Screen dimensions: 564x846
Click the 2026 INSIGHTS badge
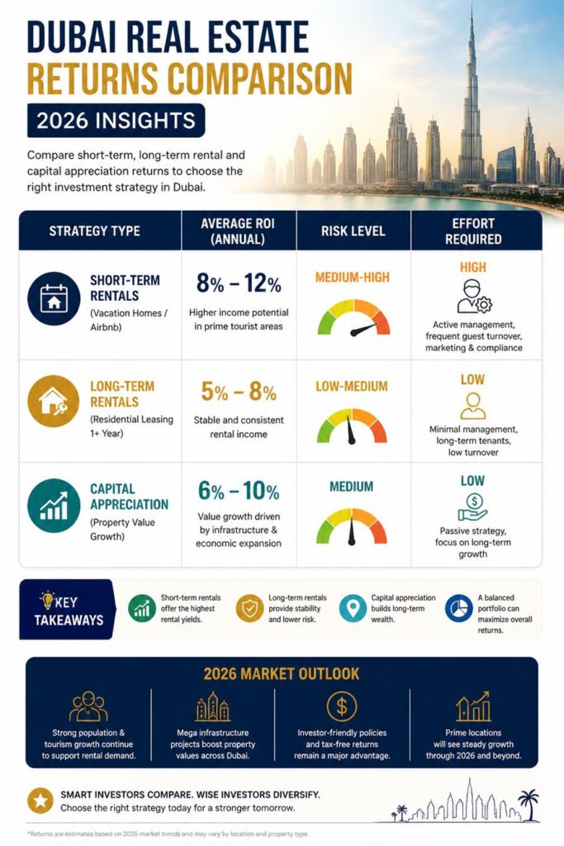[116, 121]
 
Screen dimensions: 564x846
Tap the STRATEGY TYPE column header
[94, 231]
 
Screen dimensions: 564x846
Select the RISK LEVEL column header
[353, 231]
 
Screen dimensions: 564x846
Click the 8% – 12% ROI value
[239, 283]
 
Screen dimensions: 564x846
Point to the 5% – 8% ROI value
[239, 391]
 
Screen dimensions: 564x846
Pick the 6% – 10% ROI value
[239, 491]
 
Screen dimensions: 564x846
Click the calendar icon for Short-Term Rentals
[54, 298]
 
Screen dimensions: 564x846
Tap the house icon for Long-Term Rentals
[54, 402]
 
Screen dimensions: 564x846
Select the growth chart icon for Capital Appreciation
[54, 506]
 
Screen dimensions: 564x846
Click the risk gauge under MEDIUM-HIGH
[353, 318]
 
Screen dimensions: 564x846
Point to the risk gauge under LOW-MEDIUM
[352, 426]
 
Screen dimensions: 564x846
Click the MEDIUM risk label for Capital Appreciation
[352, 487]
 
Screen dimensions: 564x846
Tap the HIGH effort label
[473, 267]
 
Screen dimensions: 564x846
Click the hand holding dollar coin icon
[472, 507]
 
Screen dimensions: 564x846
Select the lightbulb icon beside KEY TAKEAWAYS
[47, 600]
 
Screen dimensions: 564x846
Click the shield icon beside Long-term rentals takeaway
[249, 609]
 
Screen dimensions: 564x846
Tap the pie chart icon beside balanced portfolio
[459, 609]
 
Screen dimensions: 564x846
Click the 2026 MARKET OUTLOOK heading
[282, 674]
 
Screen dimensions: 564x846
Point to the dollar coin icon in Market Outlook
[342, 706]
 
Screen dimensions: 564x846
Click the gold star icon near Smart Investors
[40, 801]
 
